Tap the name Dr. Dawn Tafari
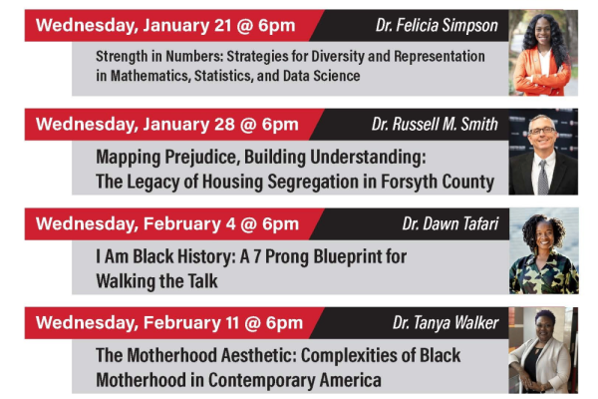(x=447, y=223)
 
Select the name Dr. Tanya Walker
(x=442, y=322)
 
